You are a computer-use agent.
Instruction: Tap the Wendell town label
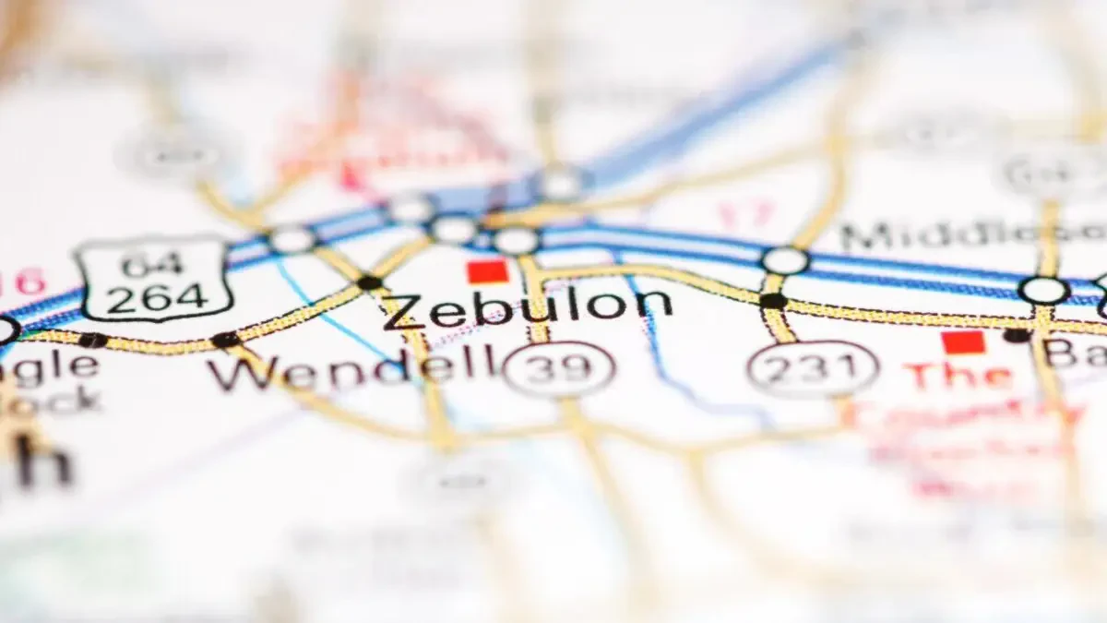[x=351, y=368]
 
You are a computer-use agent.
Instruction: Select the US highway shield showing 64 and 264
[x=153, y=277]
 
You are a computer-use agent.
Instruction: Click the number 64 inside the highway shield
[x=152, y=265]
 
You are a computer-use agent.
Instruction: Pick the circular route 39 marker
[x=559, y=368]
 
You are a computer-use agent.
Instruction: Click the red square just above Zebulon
[x=488, y=270]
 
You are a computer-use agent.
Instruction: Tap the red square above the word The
[x=963, y=342]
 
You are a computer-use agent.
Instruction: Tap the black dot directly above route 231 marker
[x=773, y=301]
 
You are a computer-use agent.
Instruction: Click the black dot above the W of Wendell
[x=225, y=340]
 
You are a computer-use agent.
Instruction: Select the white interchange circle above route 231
[x=785, y=260]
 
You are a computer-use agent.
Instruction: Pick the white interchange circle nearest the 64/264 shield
[x=292, y=240]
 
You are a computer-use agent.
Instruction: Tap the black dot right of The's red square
[x=1018, y=335]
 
